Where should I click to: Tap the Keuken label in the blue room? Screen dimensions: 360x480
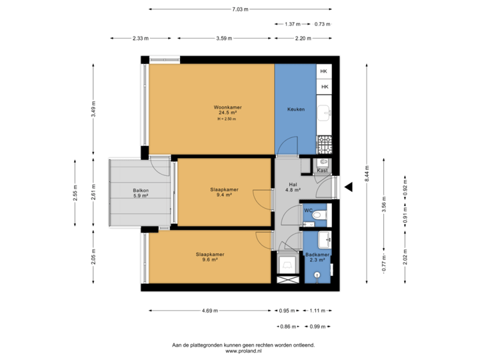296,109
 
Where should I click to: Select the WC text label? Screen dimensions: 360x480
308,211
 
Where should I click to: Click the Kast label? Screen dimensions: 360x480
322,171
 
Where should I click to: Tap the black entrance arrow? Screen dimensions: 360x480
347,189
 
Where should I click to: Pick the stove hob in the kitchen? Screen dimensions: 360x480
325,143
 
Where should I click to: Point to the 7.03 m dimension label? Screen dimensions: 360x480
240,9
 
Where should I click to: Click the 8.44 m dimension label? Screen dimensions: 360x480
365,177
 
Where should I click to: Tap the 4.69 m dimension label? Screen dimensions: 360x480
208,311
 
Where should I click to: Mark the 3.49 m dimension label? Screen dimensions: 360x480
93,108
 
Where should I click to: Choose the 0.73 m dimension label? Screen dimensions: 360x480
323,24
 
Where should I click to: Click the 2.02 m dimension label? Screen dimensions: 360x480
405,257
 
